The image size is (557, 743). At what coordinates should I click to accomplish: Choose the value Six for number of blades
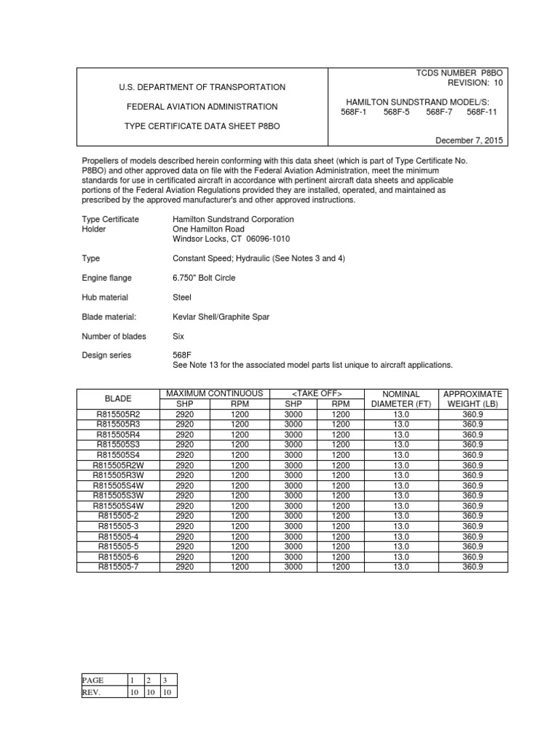179,337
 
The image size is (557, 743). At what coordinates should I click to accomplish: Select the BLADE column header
118,399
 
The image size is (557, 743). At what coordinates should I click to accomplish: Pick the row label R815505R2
118,414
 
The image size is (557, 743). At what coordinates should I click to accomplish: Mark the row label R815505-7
118,567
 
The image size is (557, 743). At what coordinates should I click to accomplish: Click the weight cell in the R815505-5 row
472,546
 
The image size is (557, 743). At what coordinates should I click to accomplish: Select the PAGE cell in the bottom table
94,681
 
